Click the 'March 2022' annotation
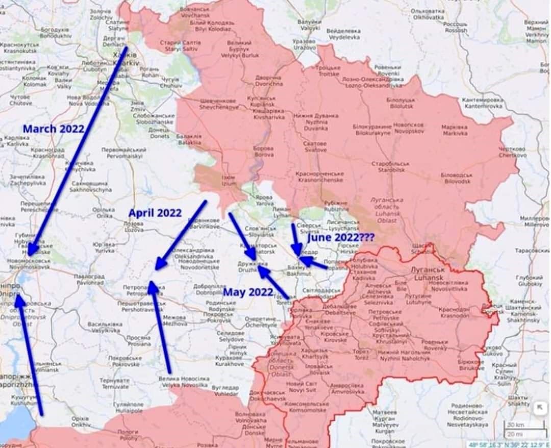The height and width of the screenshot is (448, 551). [x=53, y=129]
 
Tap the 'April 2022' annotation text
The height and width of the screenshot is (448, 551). [x=155, y=213]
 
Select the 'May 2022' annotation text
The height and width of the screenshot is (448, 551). [x=248, y=292]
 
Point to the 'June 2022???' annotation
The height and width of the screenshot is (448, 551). [x=341, y=237]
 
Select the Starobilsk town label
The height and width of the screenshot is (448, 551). [x=392, y=167]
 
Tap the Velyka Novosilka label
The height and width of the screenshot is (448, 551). [x=183, y=382]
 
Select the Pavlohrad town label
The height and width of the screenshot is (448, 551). [x=89, y=279]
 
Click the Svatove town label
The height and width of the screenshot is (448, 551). [x=315, y=147]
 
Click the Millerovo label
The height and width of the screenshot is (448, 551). [x=535, y=221]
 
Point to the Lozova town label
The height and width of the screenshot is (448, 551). [x=133, y=227]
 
